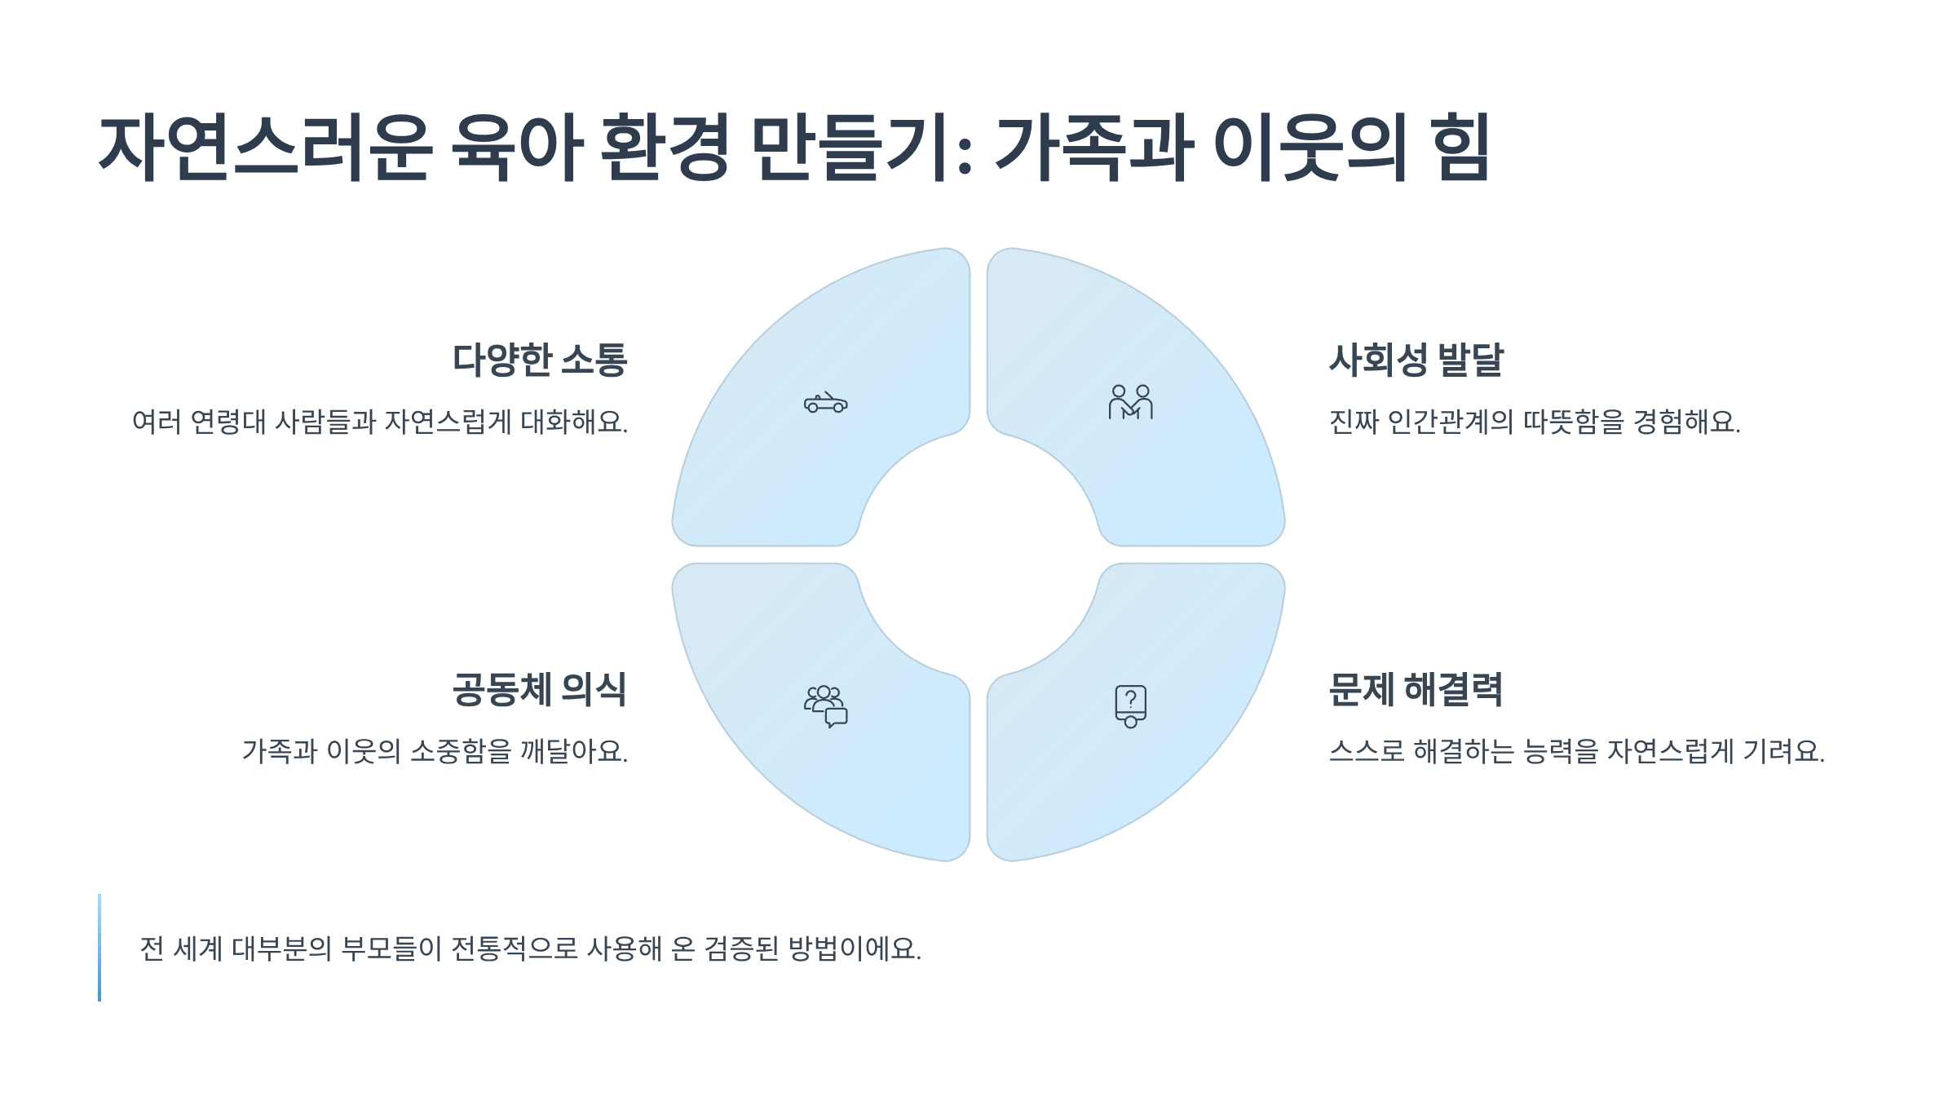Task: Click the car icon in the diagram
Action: point(825,403)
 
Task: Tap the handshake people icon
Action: point(1130,402)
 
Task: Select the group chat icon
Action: point(825,706)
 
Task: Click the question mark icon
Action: point(1130,706)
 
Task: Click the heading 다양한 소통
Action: point(539,360)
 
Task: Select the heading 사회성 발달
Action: point(1416,360)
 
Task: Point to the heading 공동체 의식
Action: point(539,689)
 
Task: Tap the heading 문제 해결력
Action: point(1416,689)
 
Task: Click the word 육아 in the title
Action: point(517,148)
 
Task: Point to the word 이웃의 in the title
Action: point(1310,148)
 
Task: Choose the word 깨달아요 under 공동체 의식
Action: point(573,751)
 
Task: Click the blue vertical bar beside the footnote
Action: point(99,948)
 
